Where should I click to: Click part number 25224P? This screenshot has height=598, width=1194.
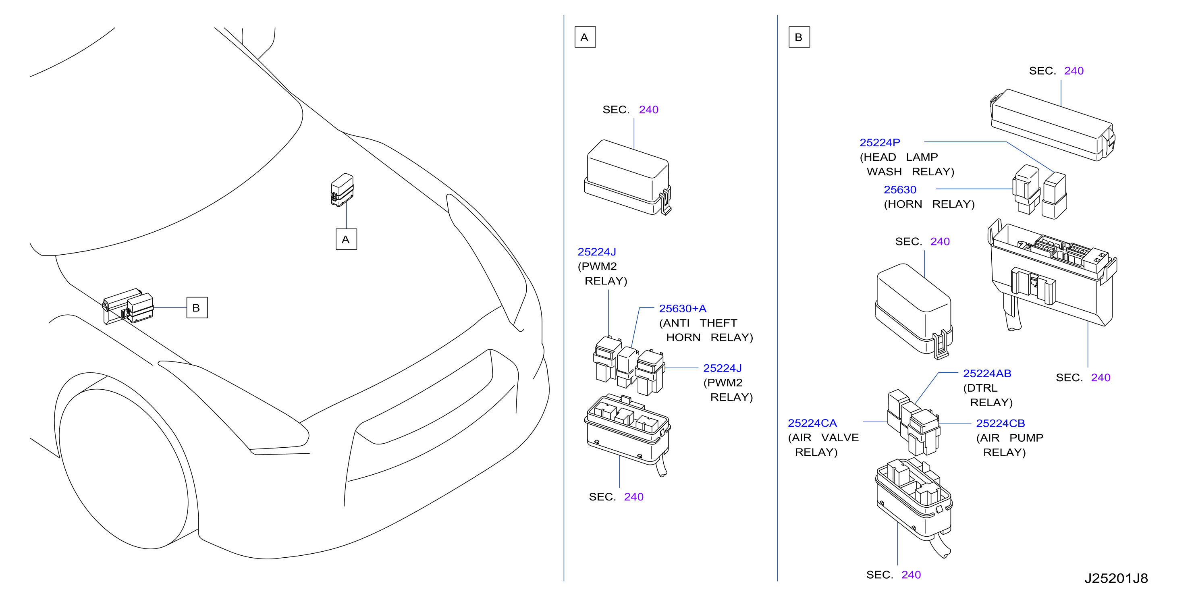(879, 143)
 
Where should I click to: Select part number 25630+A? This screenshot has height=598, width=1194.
(682, 309)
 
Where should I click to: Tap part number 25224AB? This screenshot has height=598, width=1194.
(987, 374)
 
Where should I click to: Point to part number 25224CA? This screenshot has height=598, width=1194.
(812, 423)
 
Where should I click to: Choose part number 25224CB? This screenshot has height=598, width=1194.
(1000, 424)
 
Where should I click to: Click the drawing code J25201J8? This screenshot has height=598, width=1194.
(1116, 579)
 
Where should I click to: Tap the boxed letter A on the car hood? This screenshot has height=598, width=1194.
(346, 239)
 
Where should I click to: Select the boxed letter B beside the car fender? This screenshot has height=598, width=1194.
(197, 308)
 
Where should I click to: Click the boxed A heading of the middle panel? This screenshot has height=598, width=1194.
(585, 37)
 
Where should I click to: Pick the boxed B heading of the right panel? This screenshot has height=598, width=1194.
(799, 37)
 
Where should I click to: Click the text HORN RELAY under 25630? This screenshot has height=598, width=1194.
(929, 204)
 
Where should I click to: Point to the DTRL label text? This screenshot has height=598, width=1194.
(980, 388)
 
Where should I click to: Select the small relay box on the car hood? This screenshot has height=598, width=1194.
(342, 190)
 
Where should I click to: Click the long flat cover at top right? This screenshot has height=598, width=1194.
(1053, 125)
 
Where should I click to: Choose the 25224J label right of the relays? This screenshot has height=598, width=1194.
(722, 369)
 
